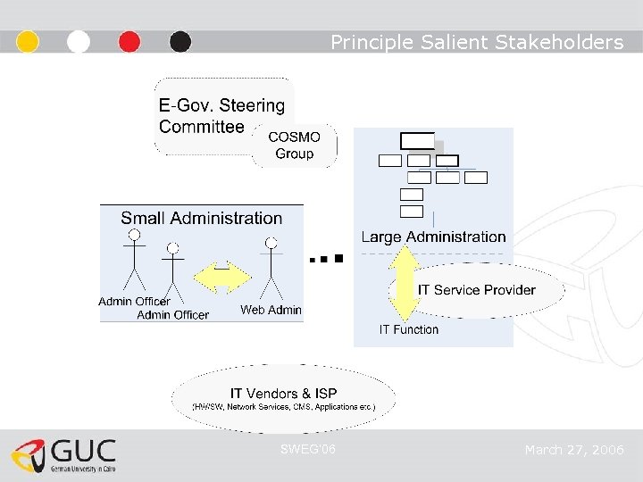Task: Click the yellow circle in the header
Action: tap(28, 42)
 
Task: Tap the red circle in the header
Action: tap(129, 42)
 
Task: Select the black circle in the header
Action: tap(180, 42)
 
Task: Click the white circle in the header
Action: tap(79, 42)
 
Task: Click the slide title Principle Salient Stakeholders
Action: tap(477, 42)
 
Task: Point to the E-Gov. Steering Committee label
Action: tap(221, 116)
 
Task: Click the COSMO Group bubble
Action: tap(295, 145)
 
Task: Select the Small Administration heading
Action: tap(202, 218)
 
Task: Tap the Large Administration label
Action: tap(433, 237)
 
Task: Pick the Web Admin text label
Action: tap(271, 310)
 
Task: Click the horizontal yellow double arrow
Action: tap(222, 278)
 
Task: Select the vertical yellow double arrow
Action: tap(404, 283)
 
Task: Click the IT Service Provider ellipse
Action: tap(477, 289)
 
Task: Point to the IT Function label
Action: tap(409, 329)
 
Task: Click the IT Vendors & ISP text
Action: tap(283, 393)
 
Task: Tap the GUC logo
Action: tap(64, 455)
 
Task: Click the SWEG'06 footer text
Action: tap(308, 449)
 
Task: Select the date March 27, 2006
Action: tap(574, 450)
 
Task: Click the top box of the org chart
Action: tap(417, 140)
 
